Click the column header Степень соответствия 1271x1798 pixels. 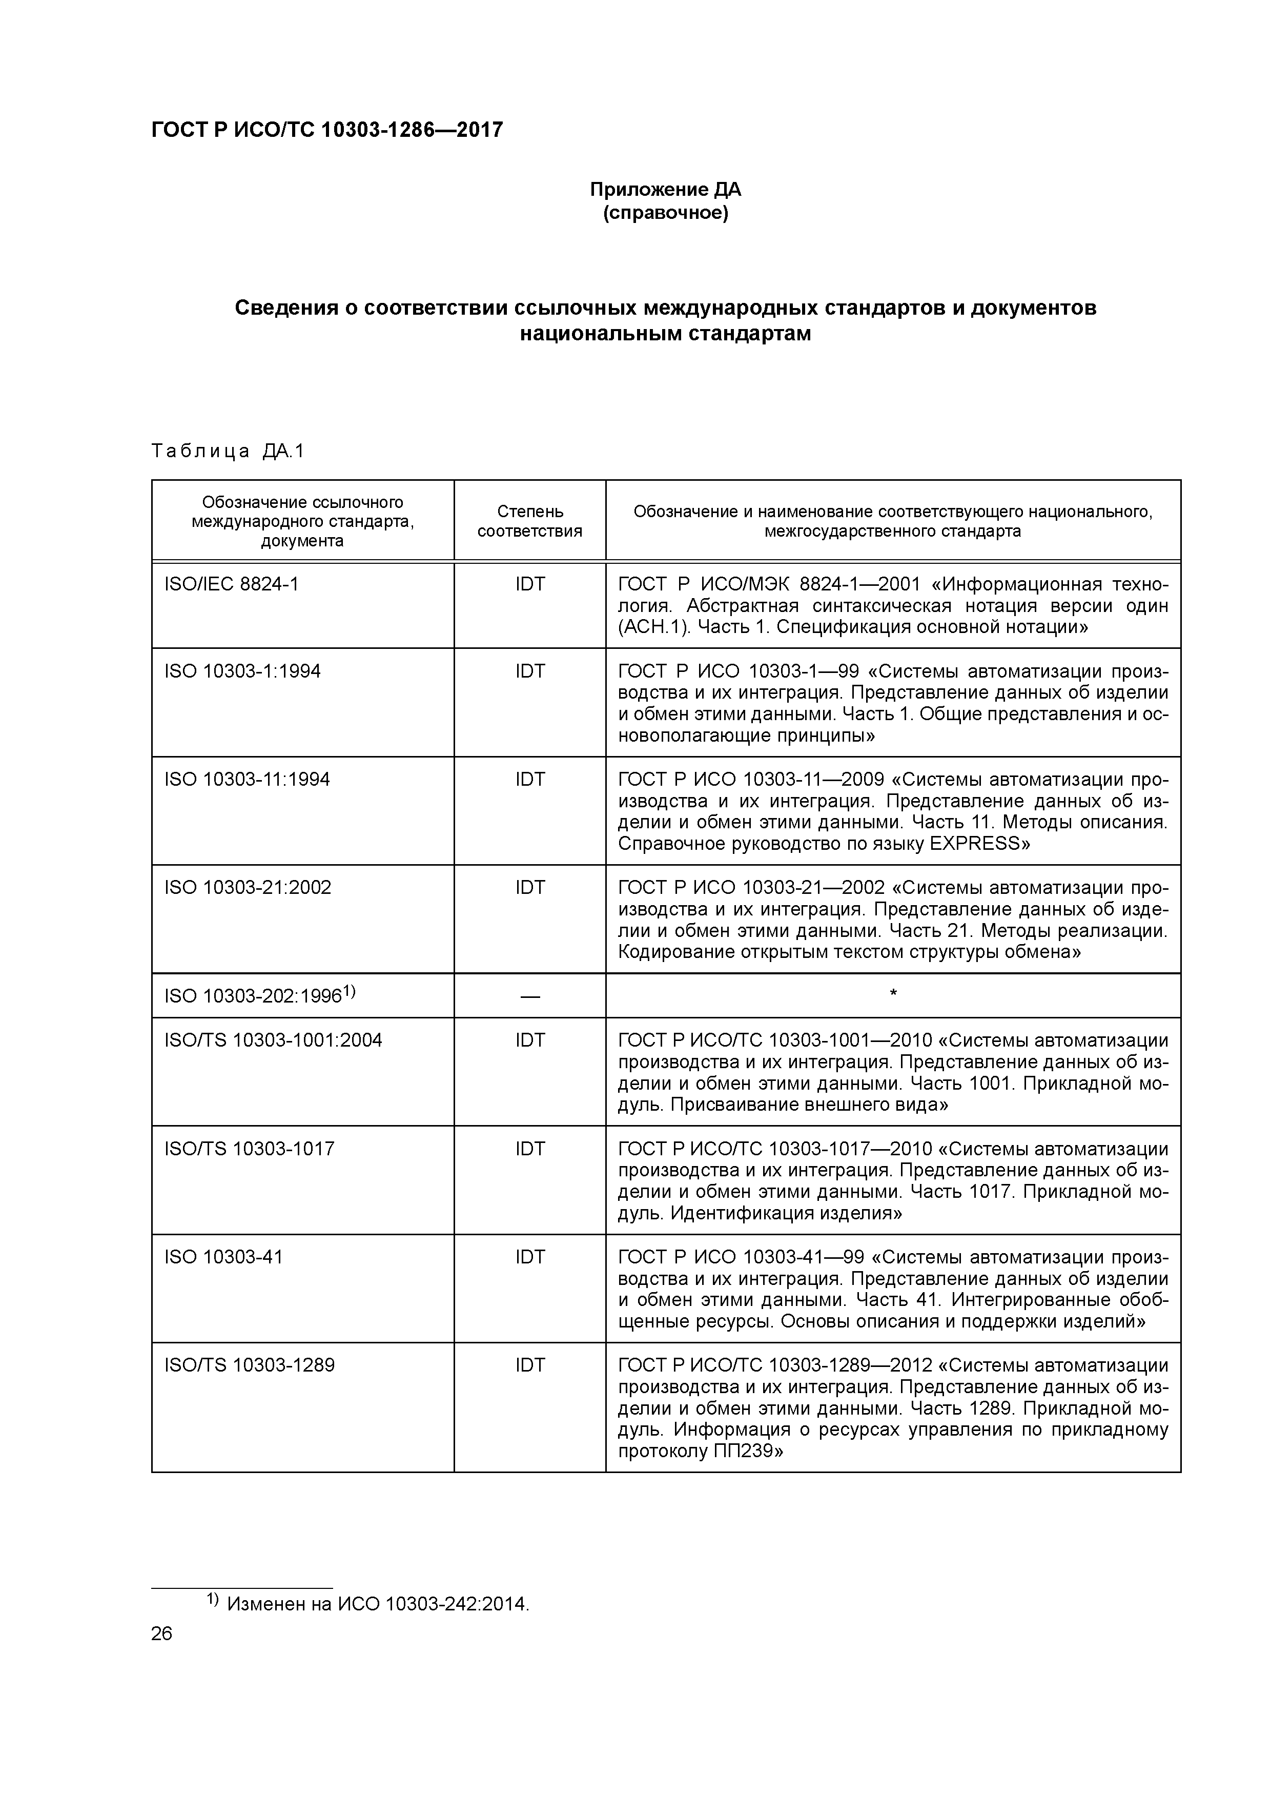[529, 521]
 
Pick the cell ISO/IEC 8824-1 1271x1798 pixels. [232, 584]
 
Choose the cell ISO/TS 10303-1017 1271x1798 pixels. [249, 1149]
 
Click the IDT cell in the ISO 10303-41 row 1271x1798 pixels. [529, 1257]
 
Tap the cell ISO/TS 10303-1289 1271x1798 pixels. [249, 1365]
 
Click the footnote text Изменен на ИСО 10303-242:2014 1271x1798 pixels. [378, 1604]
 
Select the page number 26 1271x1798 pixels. [161, 1633]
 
